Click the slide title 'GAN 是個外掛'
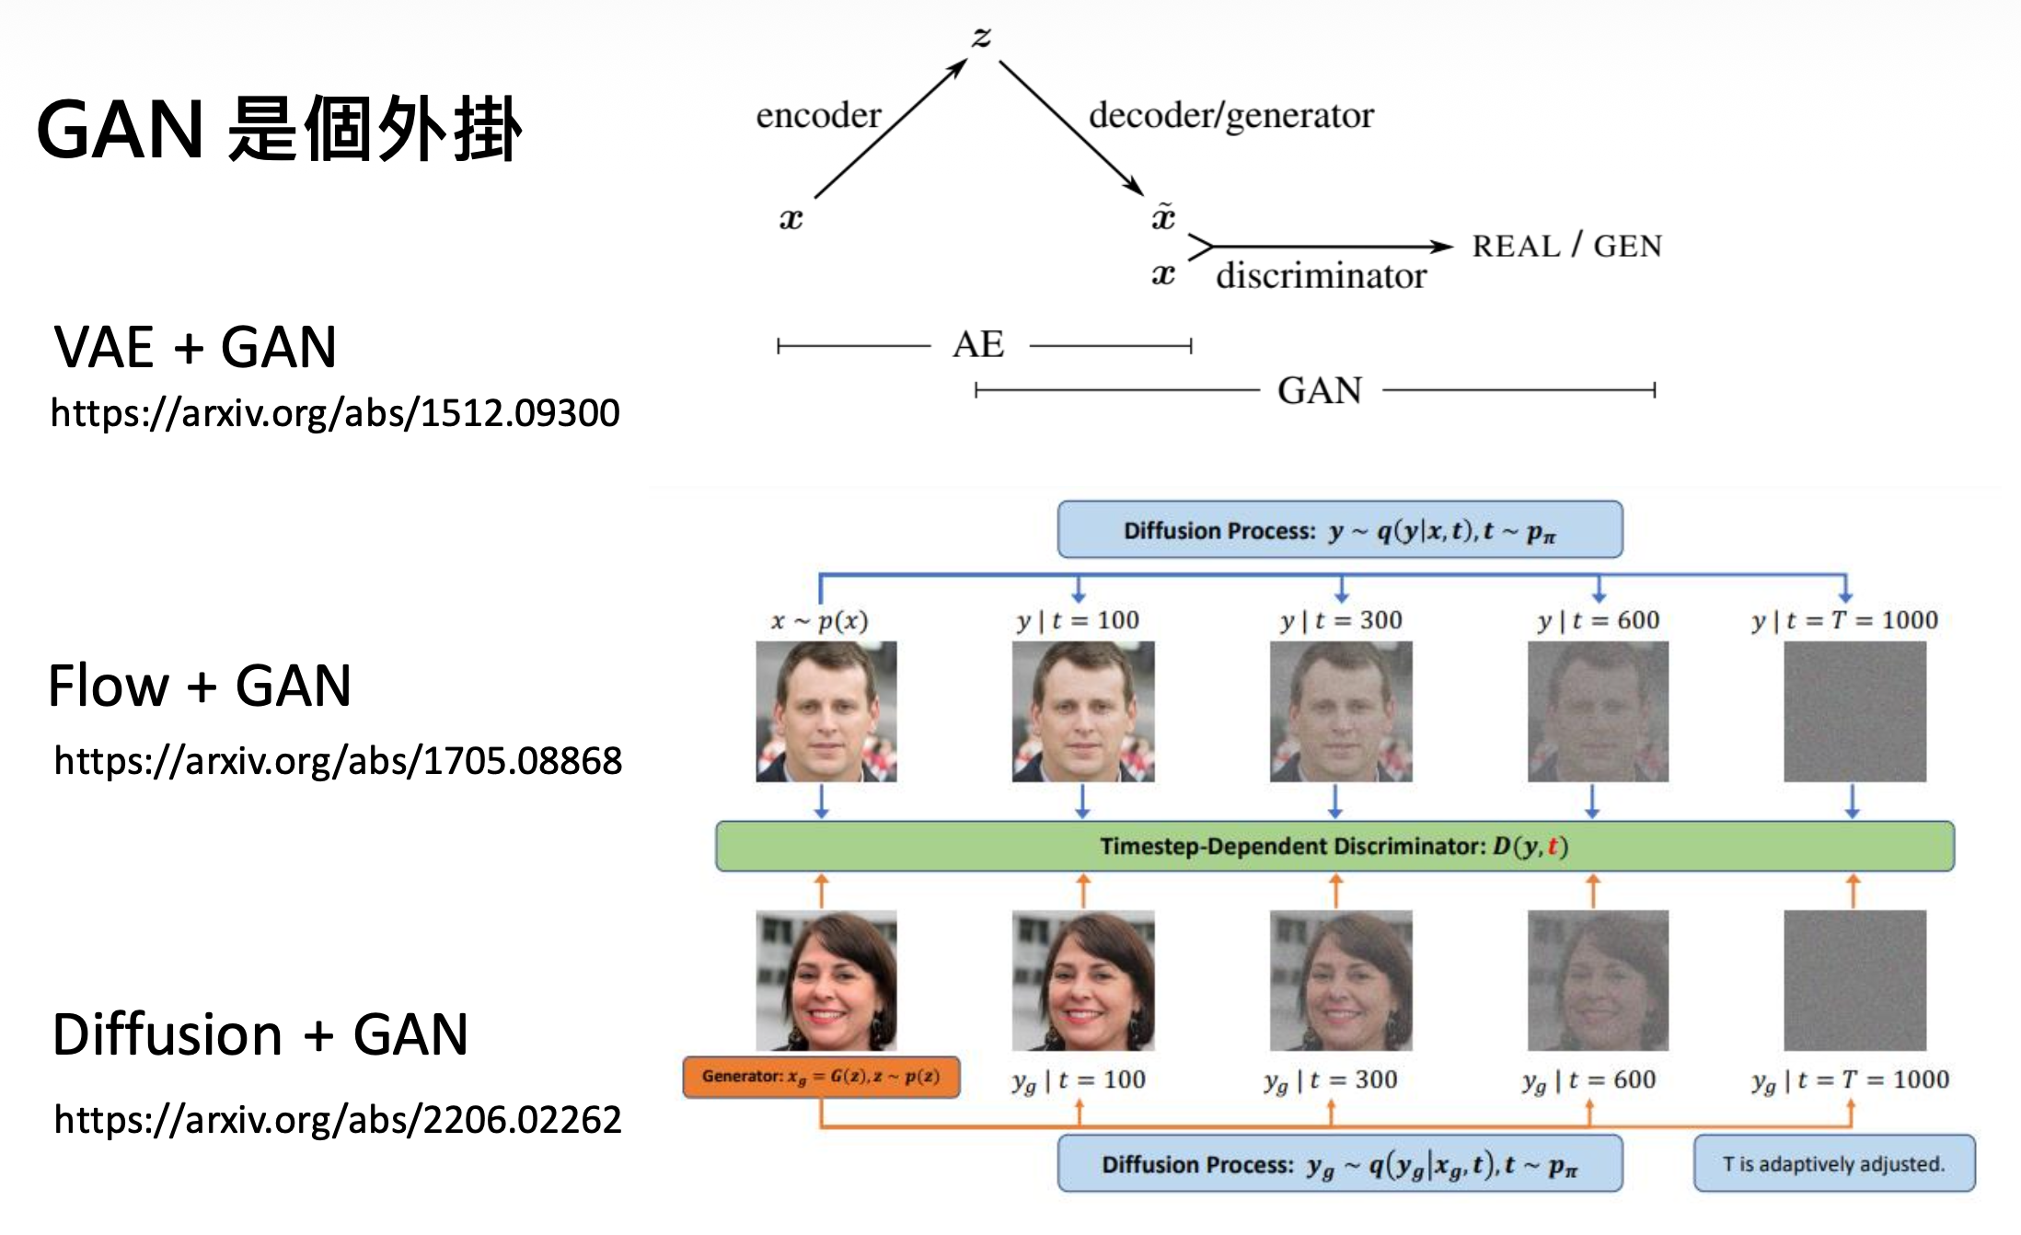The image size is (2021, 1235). click(x=279, y=130)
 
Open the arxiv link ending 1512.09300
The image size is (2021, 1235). click(x=335, y=413)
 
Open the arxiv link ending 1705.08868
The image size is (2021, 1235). click(x=338, y=761)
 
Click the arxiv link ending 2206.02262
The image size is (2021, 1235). click(x=338, y=1120)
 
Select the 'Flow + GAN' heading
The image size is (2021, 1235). click(x=200, y=686)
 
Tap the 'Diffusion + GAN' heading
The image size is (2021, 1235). click(x=260, y=1034)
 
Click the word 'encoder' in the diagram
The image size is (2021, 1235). click(x=818, y=116)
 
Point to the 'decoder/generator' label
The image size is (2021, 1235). click(x=1230, y=116)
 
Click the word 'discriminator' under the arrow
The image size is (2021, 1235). click(x=1321, y=276)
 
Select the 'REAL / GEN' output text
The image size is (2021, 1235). click(x=1566, y=246)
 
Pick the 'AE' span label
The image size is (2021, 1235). click(x=978, y=345)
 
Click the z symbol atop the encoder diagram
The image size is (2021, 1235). click(x=981, y=37)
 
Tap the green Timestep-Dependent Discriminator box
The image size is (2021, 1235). click(x=1334, y=846)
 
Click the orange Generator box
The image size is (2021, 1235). click(x=821, y=1077)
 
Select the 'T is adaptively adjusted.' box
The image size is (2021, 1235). click(x=1833, y=1164)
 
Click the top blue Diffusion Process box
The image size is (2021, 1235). click(x=1339, y=530)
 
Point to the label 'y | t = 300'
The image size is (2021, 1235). click(x=1341, y=620)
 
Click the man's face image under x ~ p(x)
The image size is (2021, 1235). click(x=826, y=711)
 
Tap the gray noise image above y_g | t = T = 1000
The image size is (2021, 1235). click(x=1854, y=980)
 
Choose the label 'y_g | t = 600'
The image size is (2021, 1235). click(x=1588, y=1080)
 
